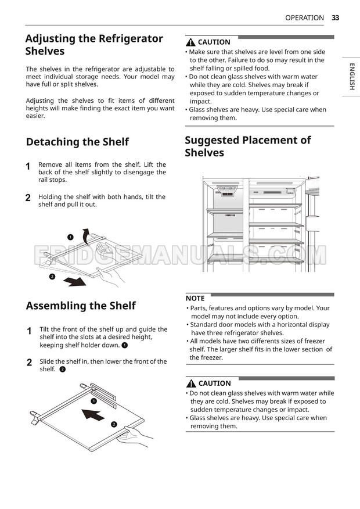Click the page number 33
[335, 18]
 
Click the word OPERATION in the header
[304, 18]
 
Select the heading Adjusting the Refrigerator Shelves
[94, 45]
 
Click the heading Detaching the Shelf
[77, 142]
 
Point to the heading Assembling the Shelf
[81, 306]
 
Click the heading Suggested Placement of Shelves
[247, 146]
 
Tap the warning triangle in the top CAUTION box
[190, 42]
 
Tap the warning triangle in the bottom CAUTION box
[191, 383]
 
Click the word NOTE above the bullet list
[195, 298]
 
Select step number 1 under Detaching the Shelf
[28, 166]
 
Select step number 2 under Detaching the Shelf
[28, 198]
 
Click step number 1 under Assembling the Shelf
[29, 331]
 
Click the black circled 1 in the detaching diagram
[70, 237]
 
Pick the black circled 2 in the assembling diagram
[114, 424]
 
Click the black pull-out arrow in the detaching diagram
[77, 282]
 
